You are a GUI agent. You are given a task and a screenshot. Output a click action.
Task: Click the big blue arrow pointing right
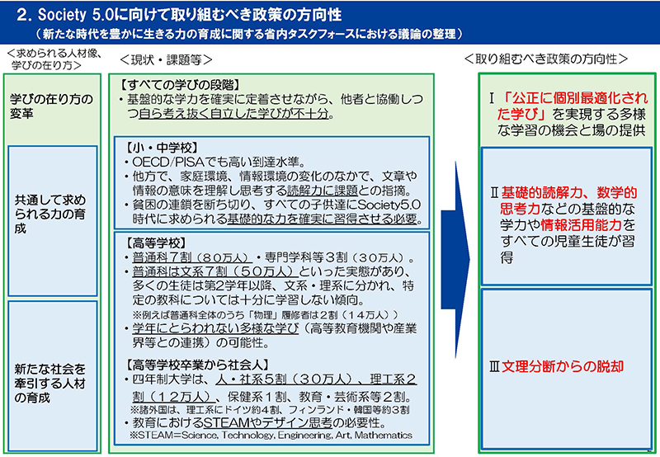(x=455, y=260)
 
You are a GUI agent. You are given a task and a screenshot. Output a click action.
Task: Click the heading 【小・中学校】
(x=161, y=148)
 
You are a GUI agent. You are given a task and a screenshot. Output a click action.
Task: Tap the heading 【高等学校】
(x=155, y=243)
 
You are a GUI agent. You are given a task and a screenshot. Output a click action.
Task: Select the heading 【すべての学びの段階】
(x=180, y=85)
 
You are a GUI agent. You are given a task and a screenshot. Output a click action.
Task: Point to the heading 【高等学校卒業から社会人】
(x=197, y=365)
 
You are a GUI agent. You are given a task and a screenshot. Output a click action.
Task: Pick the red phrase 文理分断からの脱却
(x=563, y=366)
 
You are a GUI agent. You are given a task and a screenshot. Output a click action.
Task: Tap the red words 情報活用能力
(x=582, y=225)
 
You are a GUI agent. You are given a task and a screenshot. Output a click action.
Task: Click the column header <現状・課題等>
(x=167, y=60)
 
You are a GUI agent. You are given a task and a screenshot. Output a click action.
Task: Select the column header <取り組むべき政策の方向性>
(x=546, y=59)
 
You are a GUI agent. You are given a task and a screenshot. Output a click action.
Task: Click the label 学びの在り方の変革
(x=51, y=106)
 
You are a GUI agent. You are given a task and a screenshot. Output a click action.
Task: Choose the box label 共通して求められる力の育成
(x=50, y=214)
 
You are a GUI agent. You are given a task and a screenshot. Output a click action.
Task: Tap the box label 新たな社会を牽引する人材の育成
(x=49, y=384)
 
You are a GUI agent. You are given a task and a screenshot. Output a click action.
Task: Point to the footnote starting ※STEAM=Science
(x=271, y=435)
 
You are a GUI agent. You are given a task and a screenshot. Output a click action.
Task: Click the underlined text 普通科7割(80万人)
(x=192, y=257)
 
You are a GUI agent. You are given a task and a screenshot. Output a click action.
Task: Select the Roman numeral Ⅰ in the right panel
(x=492, y=98)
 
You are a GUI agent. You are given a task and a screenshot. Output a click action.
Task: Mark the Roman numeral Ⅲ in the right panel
(x=494, y=367)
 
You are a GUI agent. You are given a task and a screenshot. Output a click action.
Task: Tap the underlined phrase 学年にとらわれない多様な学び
(x=215, y=328)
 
